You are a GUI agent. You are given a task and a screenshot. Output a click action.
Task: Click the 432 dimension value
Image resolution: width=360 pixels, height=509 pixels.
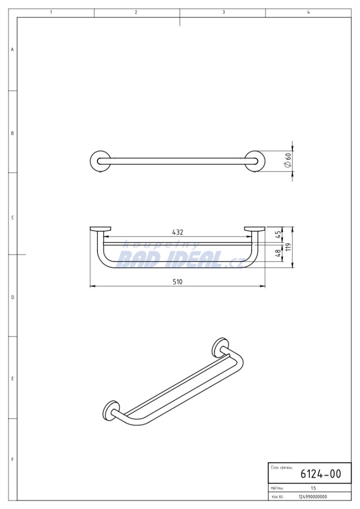(178, 233)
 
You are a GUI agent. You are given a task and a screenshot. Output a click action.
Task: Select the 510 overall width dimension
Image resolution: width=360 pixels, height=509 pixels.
(177, 282)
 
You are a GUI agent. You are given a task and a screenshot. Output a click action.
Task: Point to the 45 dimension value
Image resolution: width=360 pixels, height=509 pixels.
(278, 235)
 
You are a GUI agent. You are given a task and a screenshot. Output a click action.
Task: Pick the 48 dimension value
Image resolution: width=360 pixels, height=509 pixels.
(278, 253)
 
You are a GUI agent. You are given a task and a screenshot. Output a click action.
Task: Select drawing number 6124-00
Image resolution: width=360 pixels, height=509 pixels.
(321, 474)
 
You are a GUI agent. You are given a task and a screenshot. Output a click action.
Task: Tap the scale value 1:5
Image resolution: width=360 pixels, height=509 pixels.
(313, 488)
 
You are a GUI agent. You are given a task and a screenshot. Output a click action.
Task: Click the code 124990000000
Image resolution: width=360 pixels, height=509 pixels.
(313, 497)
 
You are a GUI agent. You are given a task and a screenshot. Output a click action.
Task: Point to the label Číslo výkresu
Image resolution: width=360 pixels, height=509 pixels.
(281, 468)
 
